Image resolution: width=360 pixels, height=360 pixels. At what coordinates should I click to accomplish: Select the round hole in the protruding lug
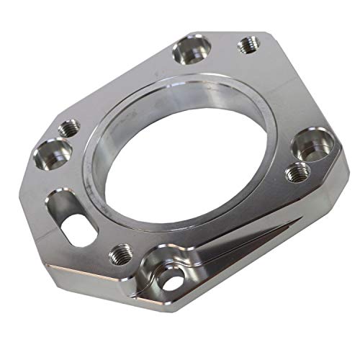171,282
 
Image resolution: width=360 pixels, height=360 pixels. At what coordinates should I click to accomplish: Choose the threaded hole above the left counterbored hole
71,128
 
